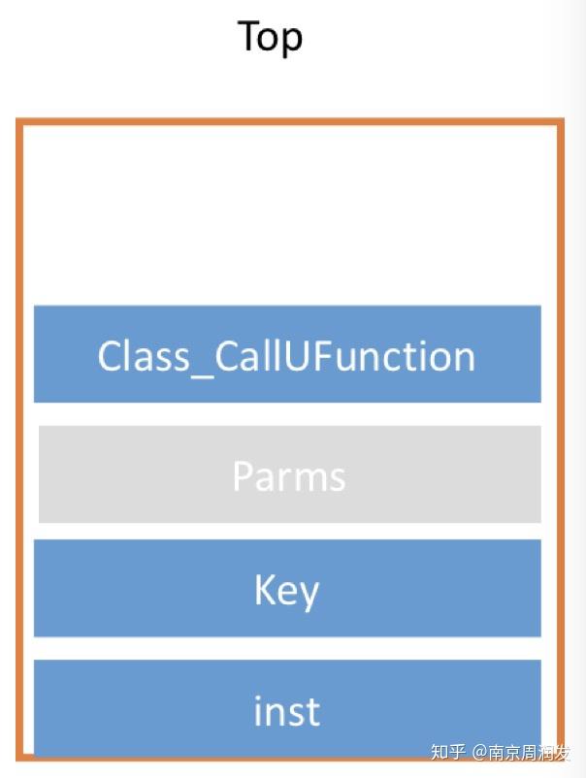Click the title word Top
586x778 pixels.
270,37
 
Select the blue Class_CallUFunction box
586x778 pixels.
287,354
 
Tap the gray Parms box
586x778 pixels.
289,474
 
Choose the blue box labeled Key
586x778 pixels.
287,589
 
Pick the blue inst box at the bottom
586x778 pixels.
287,708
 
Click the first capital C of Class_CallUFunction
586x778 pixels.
110,356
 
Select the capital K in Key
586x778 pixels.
265,589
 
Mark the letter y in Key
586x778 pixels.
309,594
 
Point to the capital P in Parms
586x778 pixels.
243,475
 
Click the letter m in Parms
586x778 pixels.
308,479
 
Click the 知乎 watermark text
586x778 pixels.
448,752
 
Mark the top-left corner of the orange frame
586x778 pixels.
19,122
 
